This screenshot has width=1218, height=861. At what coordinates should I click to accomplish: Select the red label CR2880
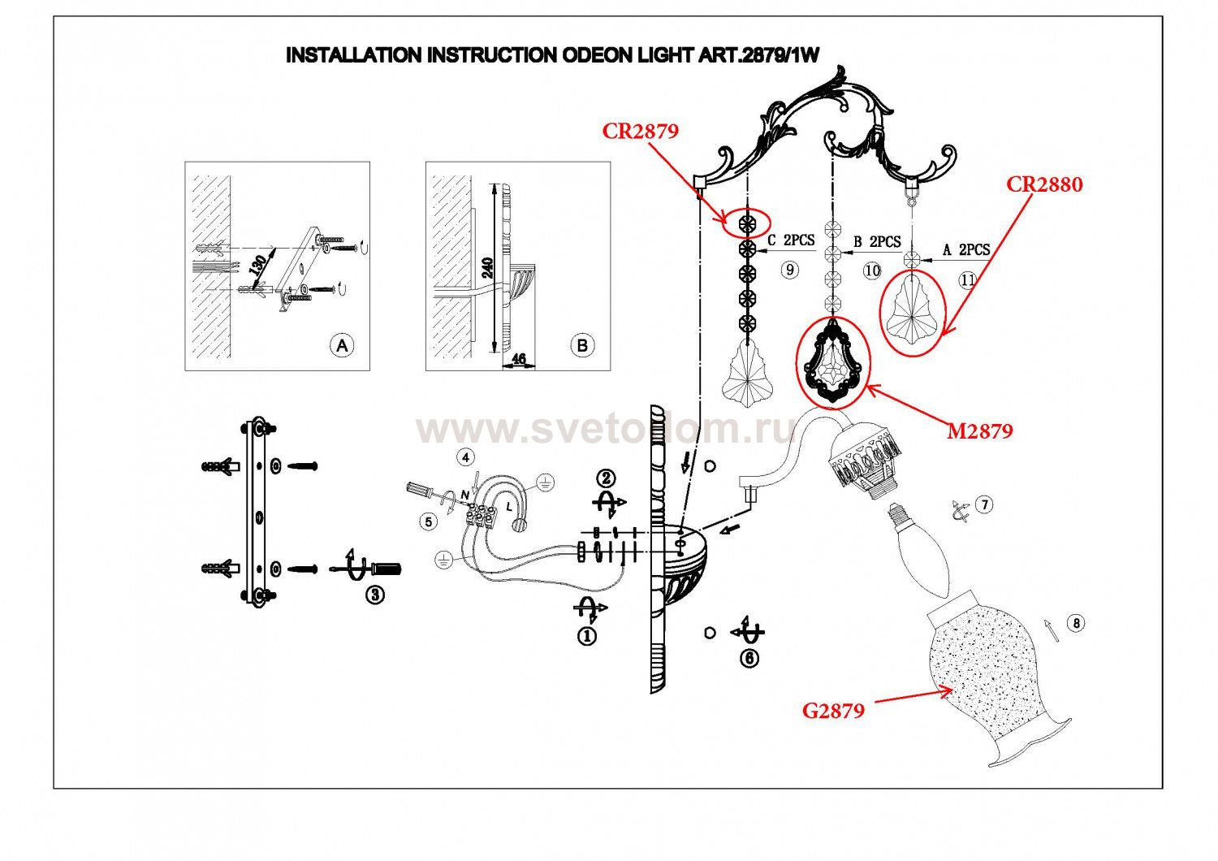[x=1044, y=185]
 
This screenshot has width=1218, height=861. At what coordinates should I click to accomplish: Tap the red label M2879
[x=980, y=431]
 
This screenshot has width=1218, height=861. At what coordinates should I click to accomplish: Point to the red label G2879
[x=833, y=711]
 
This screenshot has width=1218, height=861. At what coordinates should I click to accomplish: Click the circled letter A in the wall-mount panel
[x=343, y=345]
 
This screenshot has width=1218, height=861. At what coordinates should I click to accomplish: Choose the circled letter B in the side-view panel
[x=582, y=345]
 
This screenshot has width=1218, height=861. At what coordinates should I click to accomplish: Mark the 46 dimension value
[x=520, y=359]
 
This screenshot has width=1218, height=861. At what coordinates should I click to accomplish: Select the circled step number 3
[x=374, y=595]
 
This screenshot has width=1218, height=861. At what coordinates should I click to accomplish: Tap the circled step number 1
[x=586, y=636]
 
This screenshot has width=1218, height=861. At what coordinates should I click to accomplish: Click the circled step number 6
[x=749, y=659]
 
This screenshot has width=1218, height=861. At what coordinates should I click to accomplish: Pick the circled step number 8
[x=1076, y=623]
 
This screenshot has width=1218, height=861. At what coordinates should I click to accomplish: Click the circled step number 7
[x=983, y=504]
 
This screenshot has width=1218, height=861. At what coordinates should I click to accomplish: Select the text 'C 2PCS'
[x=790, y=241]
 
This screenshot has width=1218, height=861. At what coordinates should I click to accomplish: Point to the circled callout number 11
[x=967, y=280]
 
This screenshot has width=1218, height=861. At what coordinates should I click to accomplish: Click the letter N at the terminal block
[x=465, y=495]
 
